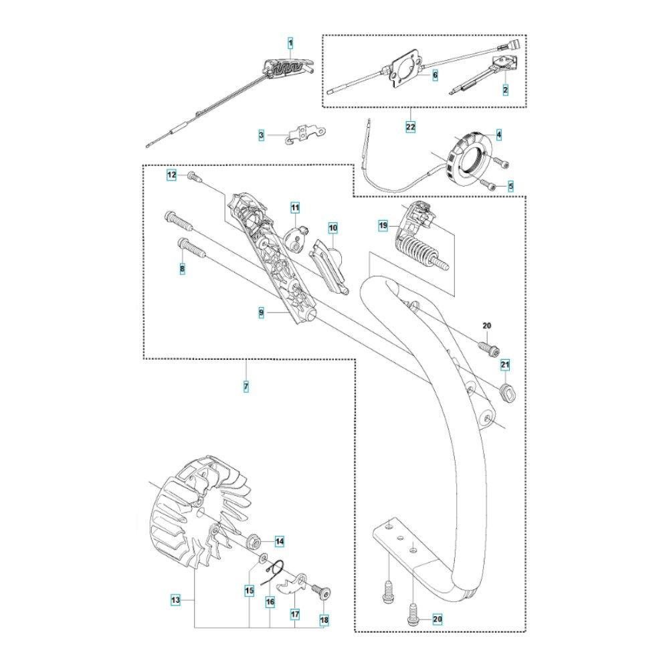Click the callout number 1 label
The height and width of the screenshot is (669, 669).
tap(290, 43)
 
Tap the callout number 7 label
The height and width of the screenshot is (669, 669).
tap(246, 386)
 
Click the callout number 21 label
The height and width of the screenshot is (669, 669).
tap(506, 365)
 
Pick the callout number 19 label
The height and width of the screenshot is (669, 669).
tap(383, 226)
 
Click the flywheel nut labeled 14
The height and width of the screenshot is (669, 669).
tap(256, 541)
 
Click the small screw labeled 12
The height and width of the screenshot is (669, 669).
tap(193, 176)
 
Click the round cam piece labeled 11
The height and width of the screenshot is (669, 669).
tap(297, 236)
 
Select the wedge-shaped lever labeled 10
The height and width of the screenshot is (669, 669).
tap(330, 262)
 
